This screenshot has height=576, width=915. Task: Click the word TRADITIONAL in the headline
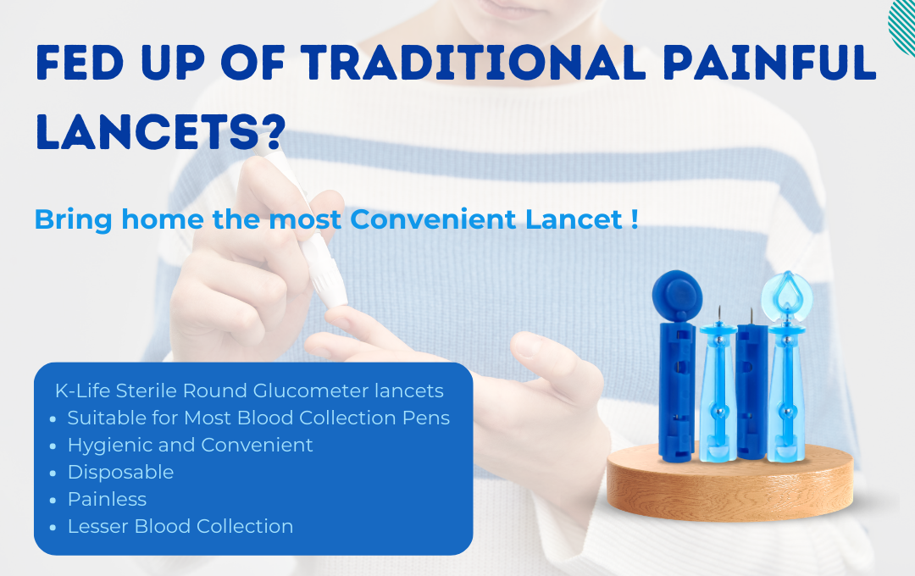point(474,62)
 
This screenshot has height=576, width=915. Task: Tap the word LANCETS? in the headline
point(161,131)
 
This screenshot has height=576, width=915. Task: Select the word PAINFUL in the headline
point(769,62)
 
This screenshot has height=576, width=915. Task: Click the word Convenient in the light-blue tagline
point(433,219)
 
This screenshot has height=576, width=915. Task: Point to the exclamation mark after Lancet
point(635,219)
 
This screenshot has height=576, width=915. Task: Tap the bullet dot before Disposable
point(53,474)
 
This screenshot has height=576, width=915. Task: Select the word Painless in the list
point(107,499)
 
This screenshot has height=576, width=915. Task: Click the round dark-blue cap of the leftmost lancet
point(677,295)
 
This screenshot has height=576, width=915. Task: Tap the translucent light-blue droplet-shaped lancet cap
point(786,295)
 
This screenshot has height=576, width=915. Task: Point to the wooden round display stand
point(730,481)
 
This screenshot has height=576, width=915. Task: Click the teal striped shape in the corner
point(902,26)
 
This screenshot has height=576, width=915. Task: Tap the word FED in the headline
point(80,62)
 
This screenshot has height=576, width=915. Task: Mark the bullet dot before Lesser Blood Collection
point(53,528)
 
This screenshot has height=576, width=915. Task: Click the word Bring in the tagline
point(74,220)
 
